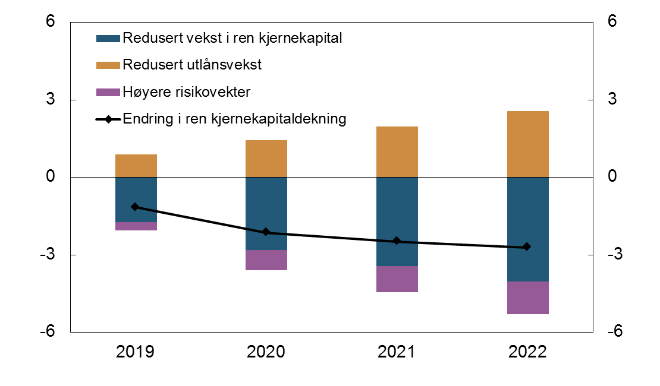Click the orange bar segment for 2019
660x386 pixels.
[x=136, y=166]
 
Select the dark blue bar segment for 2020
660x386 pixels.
[x=266, y=214]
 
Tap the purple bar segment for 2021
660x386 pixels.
[x=397, y=279]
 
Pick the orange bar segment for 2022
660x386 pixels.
[x=528, y=144]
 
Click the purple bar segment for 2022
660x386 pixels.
[x=528, y=298]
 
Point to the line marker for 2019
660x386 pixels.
[x=135, y=207]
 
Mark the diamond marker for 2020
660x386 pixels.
[x=266, y=232]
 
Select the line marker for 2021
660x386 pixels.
[x=397, y=241]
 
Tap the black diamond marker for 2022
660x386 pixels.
[x=527, y=247]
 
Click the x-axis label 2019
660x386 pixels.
[x=135, y=352]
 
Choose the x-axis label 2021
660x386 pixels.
[x=397, y=352]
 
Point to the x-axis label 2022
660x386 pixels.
[x=527, y=352]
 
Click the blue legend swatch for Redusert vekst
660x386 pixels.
[x=108, y=39]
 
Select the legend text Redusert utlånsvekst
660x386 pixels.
[x=192, y=65]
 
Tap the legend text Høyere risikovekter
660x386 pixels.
[x=187, y=92]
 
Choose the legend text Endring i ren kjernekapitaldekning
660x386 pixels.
[x=234, y=119]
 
